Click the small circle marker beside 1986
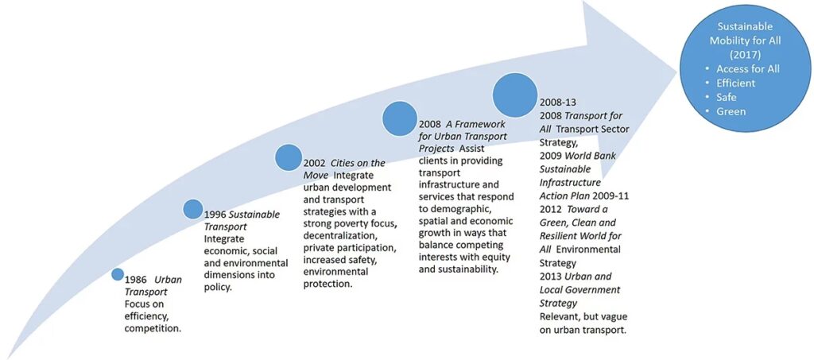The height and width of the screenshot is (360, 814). [x=118, y=274]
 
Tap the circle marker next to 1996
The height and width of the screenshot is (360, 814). [x=193, y=209]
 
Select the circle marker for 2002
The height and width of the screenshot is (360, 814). [x=289, y=157]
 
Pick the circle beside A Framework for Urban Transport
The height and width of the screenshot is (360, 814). [x=400, y=118]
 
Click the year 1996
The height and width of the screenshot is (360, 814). [x=217, y=215]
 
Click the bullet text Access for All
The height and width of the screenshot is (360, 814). [x=747, y=69]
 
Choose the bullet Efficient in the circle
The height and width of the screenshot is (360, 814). [x=735, y=83]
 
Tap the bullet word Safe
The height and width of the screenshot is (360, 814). [x=727, y=97]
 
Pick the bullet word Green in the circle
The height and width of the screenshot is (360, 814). [x=731, y=111]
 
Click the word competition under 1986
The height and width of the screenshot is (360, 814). [x=153, y=328]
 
